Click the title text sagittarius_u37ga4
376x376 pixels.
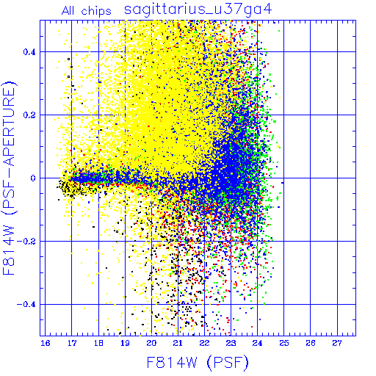[198, 10]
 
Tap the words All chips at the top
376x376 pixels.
[86, 11]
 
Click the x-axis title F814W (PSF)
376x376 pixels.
[198, 362]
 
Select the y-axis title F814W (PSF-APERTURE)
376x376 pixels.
[9, 178]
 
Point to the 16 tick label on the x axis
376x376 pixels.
[46, 343]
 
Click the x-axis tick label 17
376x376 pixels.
[72, 343]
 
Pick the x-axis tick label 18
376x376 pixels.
[98, 343]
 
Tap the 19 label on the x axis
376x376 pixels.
[125, 343]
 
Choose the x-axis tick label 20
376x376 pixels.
[151, 343]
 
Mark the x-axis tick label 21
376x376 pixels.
[178, 343]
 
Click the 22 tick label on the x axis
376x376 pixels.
[204, 343]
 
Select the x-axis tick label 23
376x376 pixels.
[231, 343]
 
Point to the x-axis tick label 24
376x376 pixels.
[258, 343]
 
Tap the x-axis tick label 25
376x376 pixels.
[284, 343]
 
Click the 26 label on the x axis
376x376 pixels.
[311, 343]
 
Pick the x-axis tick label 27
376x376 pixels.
[337, 343]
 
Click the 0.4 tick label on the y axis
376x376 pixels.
[29, 52]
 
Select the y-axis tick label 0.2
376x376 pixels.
[29, 115]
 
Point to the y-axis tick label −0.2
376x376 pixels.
[26, 242]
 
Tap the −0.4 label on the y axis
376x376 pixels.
[26, 305]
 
